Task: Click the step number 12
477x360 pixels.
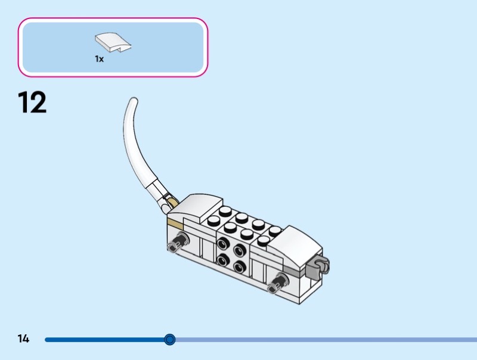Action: (x=32, y=103)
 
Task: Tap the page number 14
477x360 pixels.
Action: (x=23, y=339)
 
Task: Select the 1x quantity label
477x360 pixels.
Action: (x=99, y=59)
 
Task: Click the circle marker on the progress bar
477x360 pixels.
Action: (x=170, y=340)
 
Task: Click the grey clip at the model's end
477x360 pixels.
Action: (x=318, y=269)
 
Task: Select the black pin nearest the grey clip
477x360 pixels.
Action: (x=276, y=283)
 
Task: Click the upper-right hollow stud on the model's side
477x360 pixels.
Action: (x=239, y=250)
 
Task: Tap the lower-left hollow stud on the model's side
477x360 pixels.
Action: (x=223, y=259)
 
